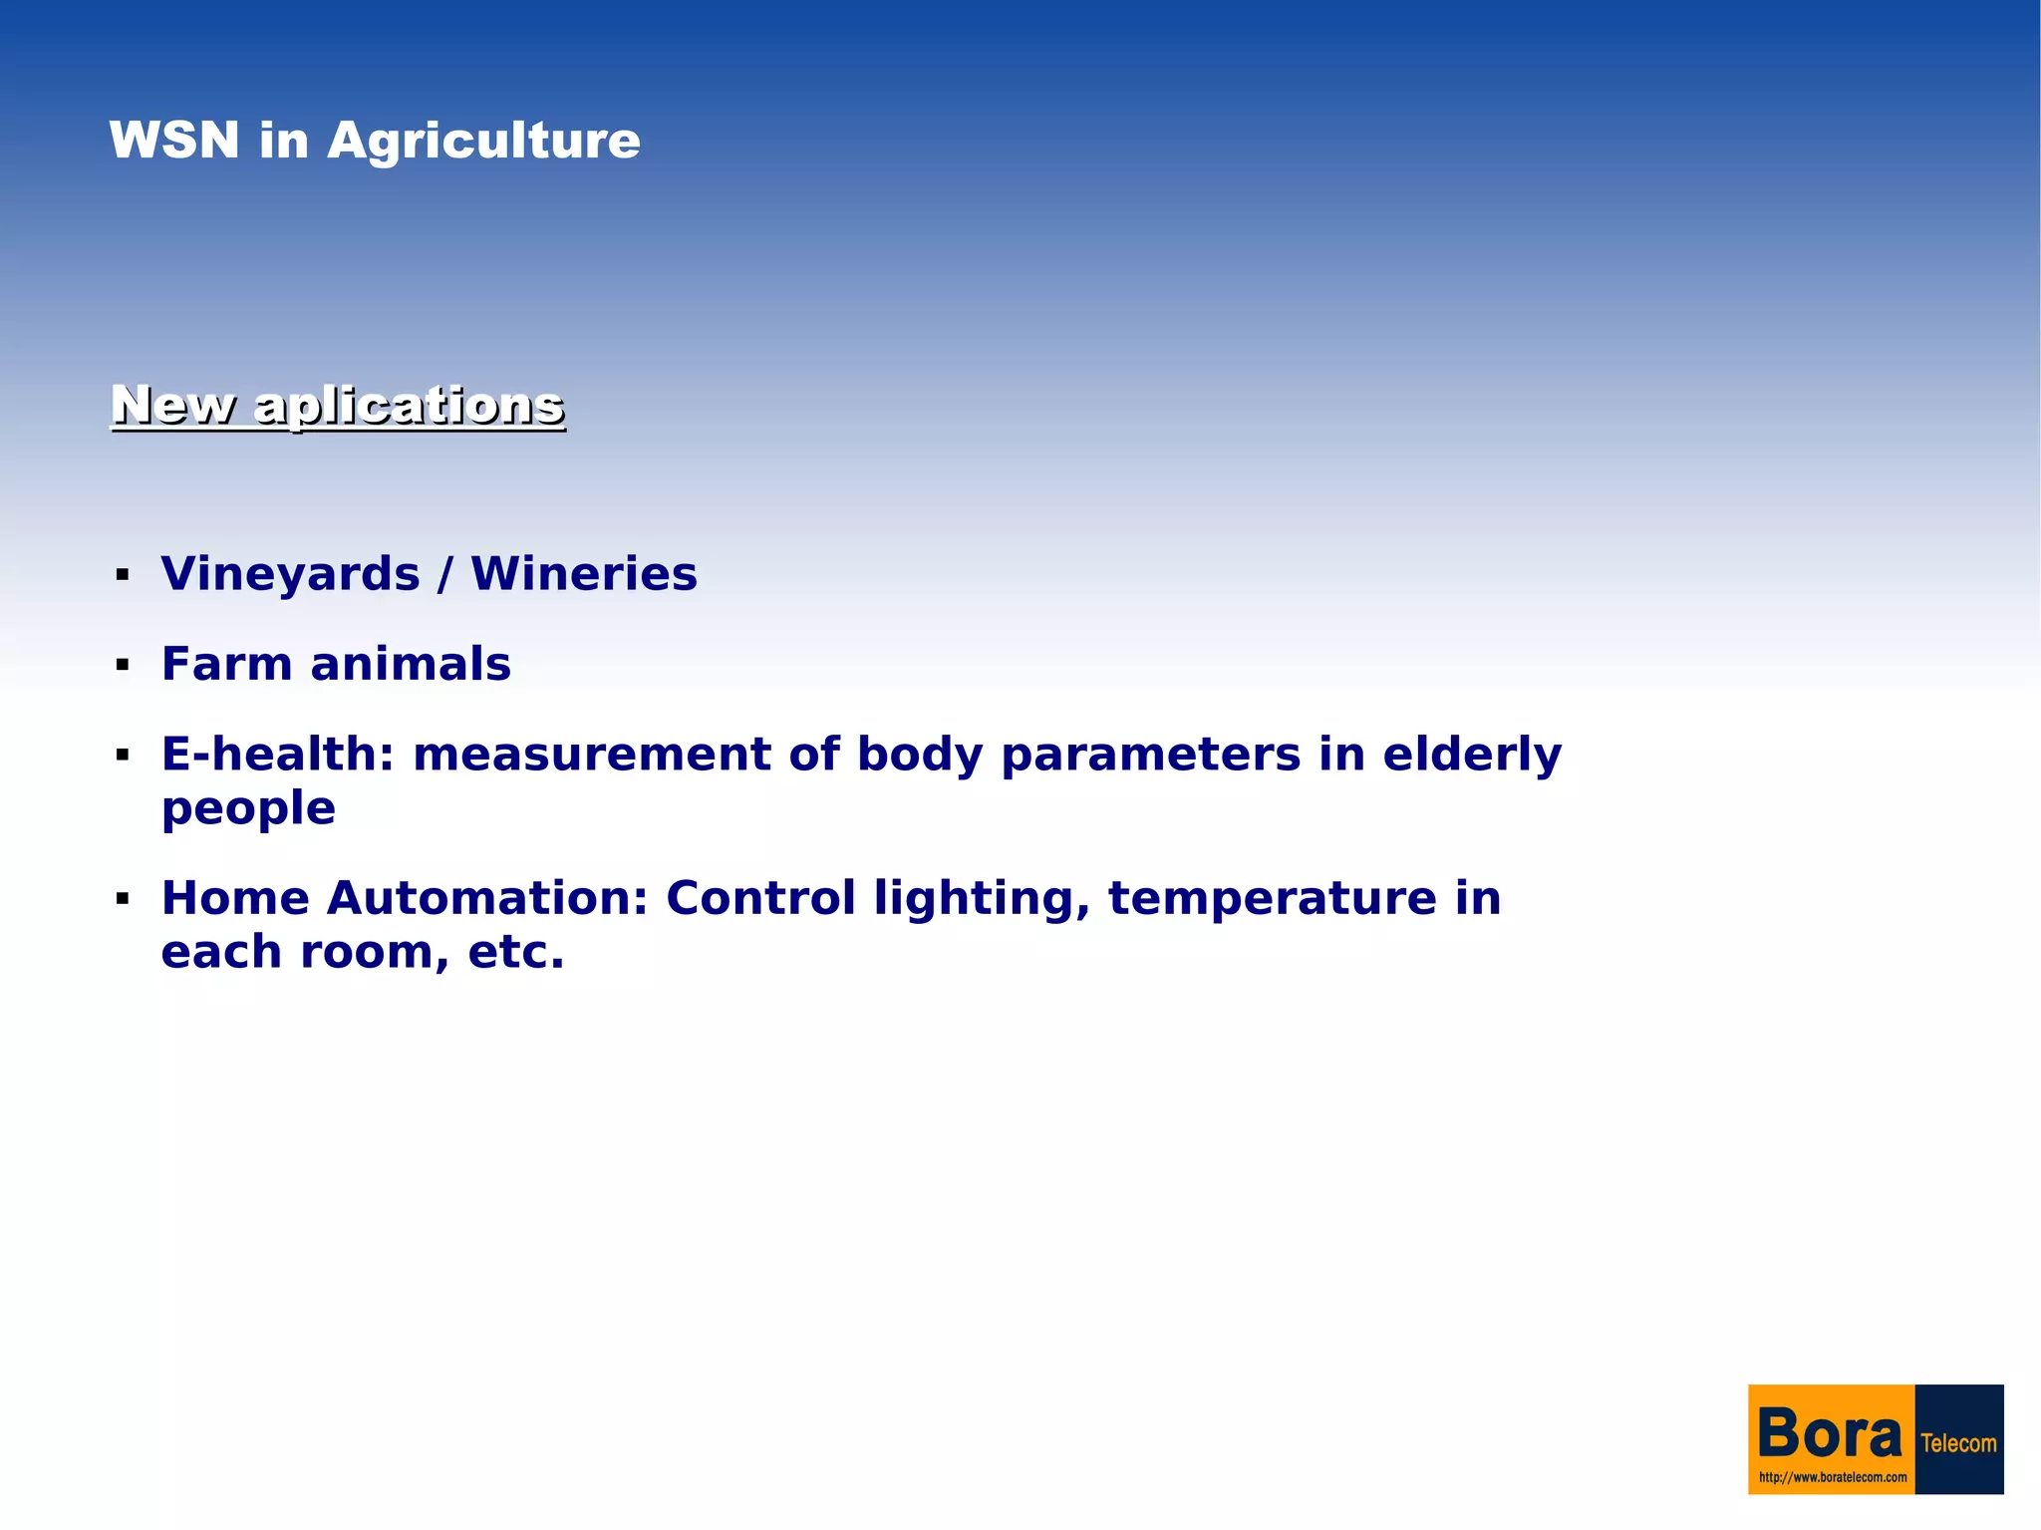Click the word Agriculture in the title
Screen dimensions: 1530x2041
[483, 142]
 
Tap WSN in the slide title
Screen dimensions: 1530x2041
[174, 140]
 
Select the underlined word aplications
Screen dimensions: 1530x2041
[409, 407]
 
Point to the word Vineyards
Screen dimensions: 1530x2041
[290, 575]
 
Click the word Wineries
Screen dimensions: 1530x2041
[584, 574]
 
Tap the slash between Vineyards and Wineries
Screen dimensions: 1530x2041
[445, 575]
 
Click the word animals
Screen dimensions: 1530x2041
[411, 664]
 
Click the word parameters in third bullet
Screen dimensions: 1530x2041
[1151, 756]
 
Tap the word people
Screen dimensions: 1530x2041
[248, 808]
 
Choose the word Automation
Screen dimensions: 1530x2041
[487, 898]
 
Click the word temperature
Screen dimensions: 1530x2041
[1273, 899]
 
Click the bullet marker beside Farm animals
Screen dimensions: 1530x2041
[123, 665]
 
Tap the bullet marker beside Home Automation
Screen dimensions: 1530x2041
[123, 899]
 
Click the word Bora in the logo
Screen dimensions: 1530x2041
[1830, 1433]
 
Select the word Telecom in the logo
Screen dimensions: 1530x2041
[1958, 1443]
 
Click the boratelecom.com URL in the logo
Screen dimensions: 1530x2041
[1832, 1478]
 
